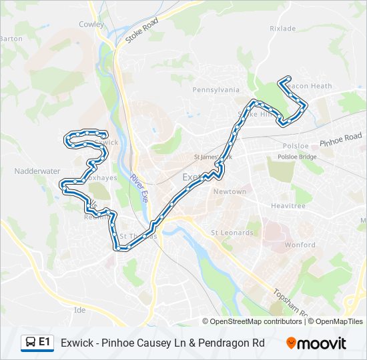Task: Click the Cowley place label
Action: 91,24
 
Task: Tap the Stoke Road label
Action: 141,31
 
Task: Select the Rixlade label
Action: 282,29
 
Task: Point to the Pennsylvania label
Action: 216,89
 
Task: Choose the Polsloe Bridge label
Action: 297,157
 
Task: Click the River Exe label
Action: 139,189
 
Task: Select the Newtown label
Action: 230,191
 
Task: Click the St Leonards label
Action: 232,233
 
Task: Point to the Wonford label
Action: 300,245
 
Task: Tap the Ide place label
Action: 80,310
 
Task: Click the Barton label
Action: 11,39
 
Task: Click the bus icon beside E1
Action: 30,343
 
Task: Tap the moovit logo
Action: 316,343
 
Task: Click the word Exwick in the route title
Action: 76,343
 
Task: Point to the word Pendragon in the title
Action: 226,343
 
